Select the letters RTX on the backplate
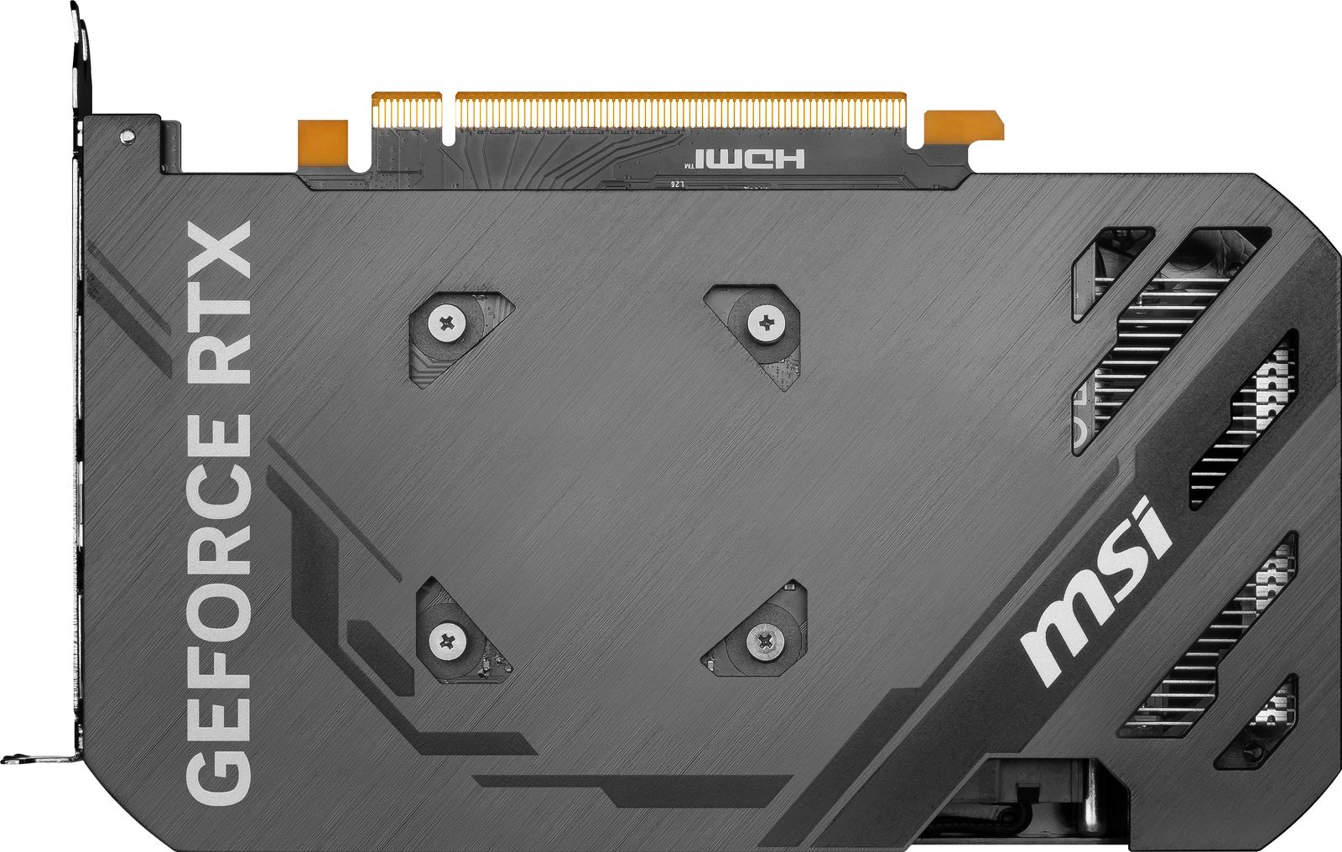220,302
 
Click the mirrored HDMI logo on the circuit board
749,158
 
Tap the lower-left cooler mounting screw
447,642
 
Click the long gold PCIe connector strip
679,111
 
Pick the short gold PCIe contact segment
407,112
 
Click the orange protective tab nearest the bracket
322,142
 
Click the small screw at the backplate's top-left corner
127,134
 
